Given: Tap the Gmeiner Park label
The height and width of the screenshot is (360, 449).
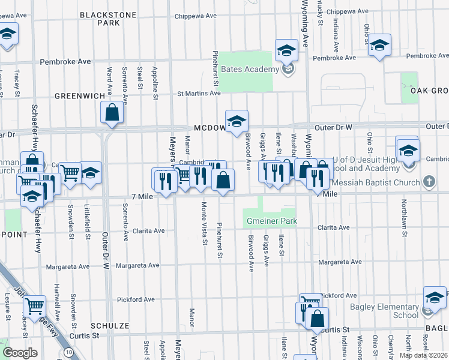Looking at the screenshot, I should [x=272, y=221].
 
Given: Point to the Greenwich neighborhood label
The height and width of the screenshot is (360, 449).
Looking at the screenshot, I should [x=76, y=95].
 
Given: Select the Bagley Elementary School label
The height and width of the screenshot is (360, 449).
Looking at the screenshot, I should [x=385, y=311].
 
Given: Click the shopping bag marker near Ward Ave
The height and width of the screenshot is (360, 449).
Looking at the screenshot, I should [x=112, y=112].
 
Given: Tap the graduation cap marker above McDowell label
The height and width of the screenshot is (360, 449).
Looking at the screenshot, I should [x=237, y=121].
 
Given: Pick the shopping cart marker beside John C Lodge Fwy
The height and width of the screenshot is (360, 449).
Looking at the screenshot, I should [x=35, y=307].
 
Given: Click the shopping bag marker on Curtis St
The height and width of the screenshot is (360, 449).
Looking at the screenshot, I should [x=317, y=318].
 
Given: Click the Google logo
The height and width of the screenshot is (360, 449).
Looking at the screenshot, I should [x=20, y=353].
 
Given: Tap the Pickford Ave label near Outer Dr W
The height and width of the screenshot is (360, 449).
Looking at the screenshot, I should [x=136, y=299].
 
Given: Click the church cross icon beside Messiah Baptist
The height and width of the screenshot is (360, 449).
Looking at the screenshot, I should [x=429, y=181].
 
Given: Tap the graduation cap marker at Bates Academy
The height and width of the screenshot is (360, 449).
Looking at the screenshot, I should [x=287, y=50].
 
